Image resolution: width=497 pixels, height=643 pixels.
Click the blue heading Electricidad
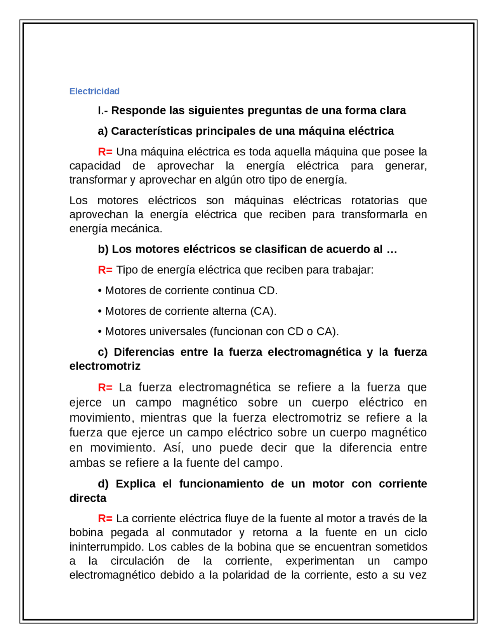[94, 91]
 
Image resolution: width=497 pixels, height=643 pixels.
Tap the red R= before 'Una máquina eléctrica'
[105, 152]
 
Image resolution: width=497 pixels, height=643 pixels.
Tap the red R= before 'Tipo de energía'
[105, 270]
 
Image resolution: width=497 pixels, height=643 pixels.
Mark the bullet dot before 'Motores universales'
[100, 332]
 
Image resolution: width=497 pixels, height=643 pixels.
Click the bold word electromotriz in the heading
[105, 366]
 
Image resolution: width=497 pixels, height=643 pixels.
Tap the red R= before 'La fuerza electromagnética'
[105, 388]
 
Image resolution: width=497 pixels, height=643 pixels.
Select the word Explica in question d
[136, 484]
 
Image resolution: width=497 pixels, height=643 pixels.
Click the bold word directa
[88, 498]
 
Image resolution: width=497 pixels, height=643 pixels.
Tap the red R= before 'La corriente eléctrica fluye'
[105, 519]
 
